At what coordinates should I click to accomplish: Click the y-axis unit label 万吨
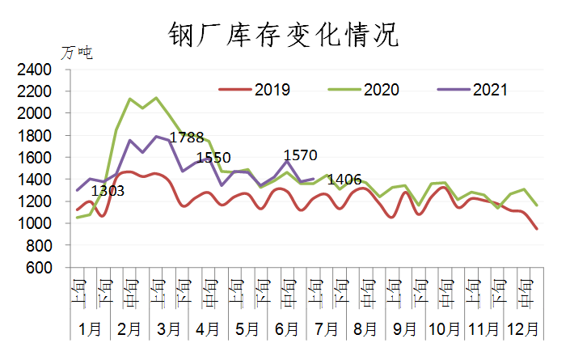(77, 53)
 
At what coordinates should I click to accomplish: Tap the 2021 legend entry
(490, 90)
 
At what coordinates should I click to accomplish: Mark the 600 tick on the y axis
(39, 267)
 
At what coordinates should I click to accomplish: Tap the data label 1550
(214, 158)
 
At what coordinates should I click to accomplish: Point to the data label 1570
(300, 155)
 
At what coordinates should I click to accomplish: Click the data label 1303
(108, 192)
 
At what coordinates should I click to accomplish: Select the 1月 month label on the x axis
(90, 330)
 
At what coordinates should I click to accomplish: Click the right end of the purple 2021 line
(313, 179)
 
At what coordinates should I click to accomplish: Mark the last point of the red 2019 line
(536, 229)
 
